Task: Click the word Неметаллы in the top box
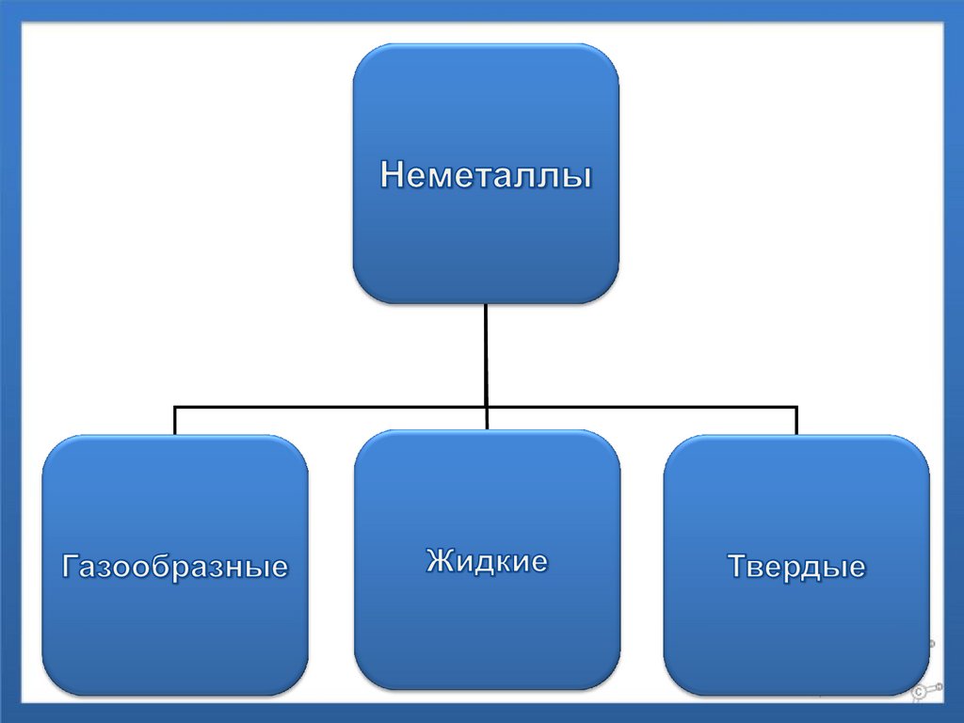tap(486, 175)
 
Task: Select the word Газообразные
tap(175, 567)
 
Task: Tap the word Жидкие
tap(487, 562)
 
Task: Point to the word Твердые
tap(796, 567)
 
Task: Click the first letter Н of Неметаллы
tap(392, 175)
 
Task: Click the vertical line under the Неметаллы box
tap(486, 353)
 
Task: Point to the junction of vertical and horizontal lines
tap(486, 407)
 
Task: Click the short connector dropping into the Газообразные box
tap(175, 420)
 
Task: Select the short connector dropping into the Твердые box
tap(796, 420)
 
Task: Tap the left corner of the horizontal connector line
tap(176, 408)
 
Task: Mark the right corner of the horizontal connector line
tap(796, 408)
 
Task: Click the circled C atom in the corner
tap(918, 692)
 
